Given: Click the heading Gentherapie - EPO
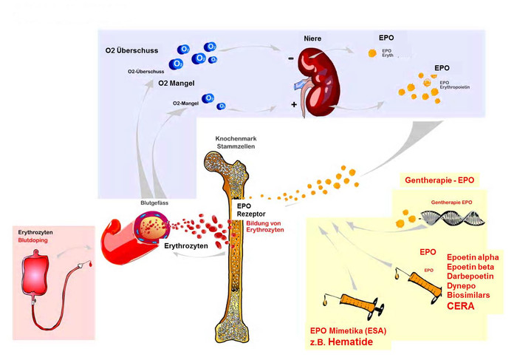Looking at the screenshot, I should coord(438,180).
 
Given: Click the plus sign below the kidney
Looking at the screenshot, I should coord(294,105).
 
